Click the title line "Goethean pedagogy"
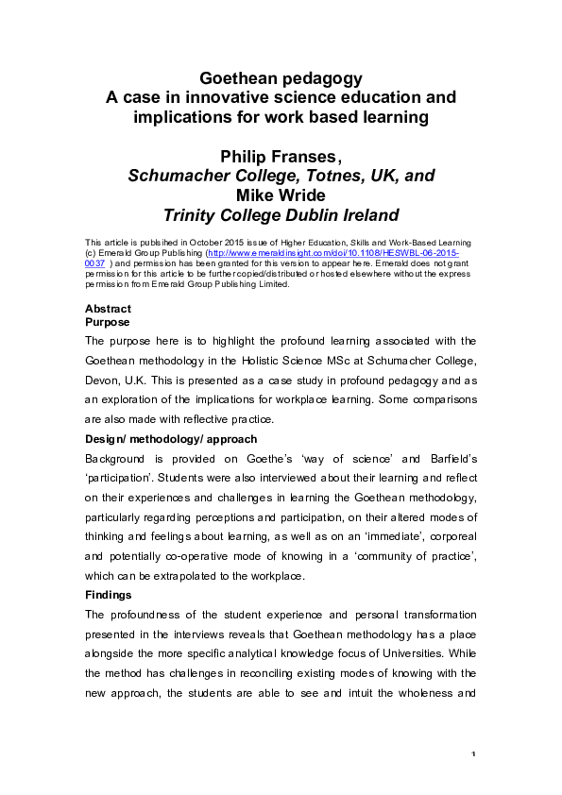pyautogui.click(x=281, y=77)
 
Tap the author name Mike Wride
pyautogui.click(x=281, y=195)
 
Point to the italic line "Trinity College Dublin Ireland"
pyautogui.click(x=281, y=214)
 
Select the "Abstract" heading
pyautogui.click(x=108, y=309)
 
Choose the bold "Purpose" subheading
pyautogui.click(x=109, y=322)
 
